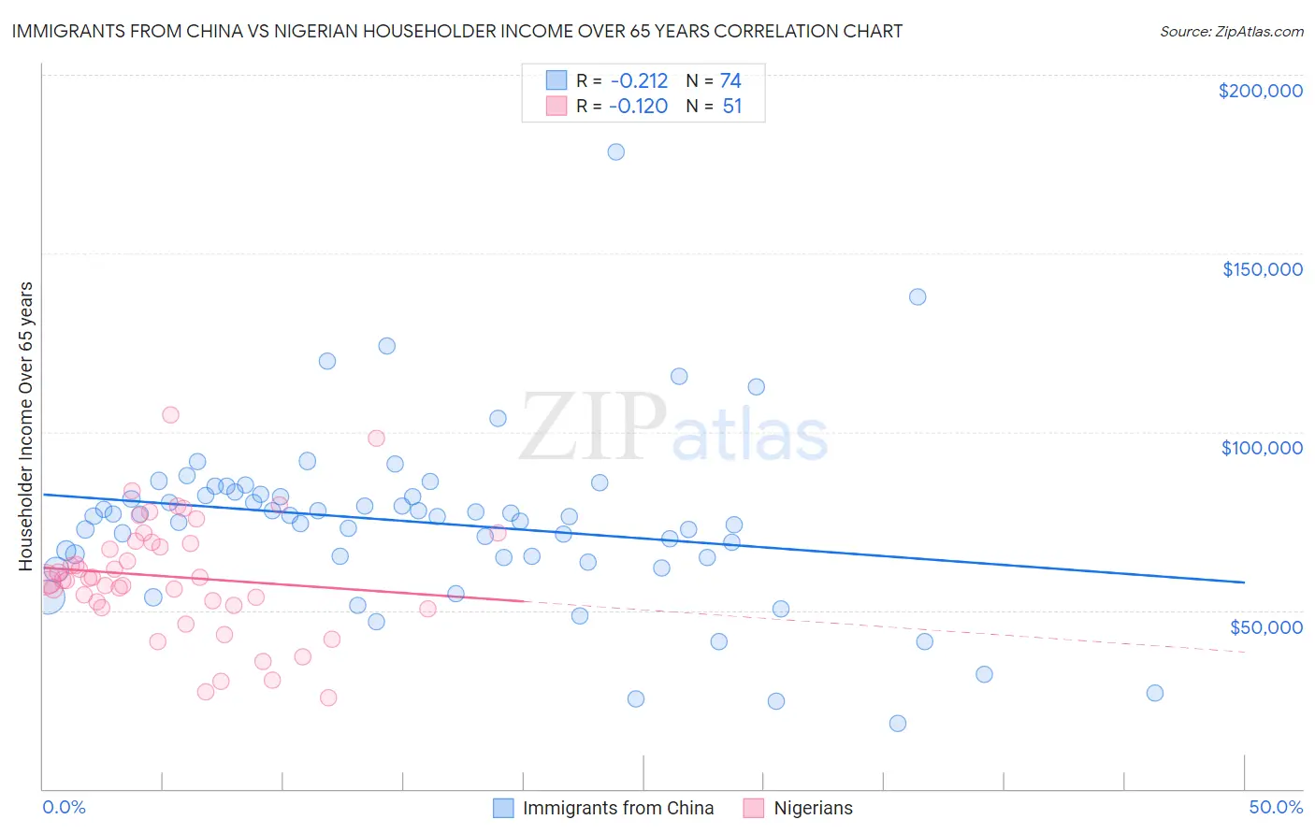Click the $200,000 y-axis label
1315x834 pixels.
pos(1260,91)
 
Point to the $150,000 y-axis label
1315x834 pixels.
pos(1262,269)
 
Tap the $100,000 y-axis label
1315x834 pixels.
pos(1262,448)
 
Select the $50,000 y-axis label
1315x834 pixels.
pos(1265,626)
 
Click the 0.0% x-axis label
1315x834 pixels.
pos(64,807)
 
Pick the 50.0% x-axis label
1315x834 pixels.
pos(1276,807)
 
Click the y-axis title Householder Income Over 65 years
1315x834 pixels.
pos(26,425)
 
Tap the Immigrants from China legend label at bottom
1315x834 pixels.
pos(618,808)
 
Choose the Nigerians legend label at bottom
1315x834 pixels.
pos(813,808)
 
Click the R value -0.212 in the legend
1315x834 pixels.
pos(639,80)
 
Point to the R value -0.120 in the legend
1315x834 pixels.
pos(639,106)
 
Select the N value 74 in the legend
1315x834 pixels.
pos(730,80)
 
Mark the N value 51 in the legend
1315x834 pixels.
pos(731,106)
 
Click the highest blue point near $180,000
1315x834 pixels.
pos(615,151)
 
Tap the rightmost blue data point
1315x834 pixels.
pos(1155,693)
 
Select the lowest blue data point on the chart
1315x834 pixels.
pos(898,723)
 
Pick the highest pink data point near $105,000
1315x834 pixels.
pos(170,414)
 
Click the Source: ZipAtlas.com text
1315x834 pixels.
pos(1231,31)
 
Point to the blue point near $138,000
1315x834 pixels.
pos(918,296)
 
